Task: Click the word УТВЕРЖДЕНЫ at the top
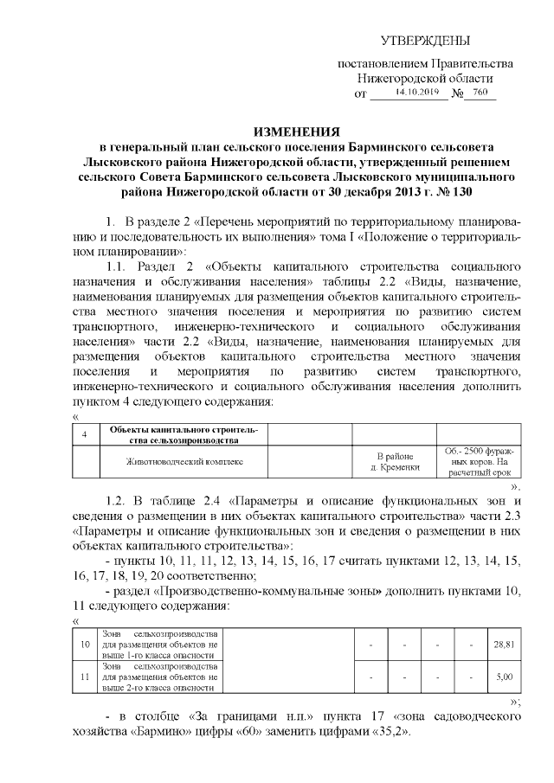427,42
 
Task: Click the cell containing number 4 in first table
83,433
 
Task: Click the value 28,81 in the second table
503,645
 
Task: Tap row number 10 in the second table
85,645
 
